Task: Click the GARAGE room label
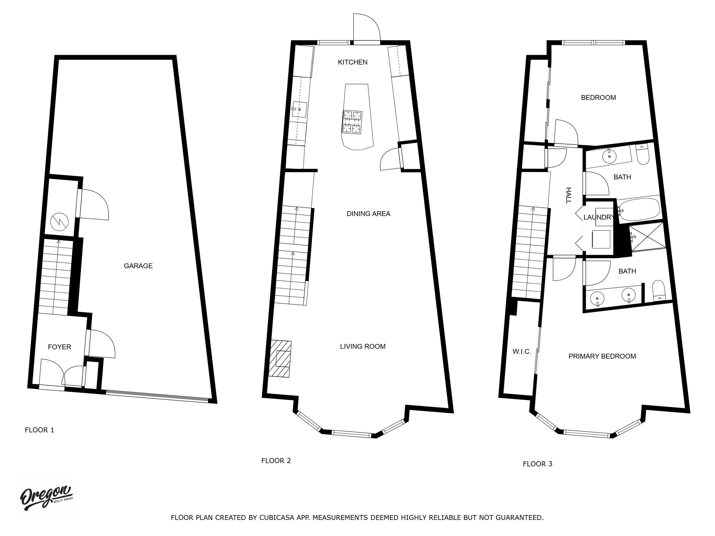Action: click(138, 266)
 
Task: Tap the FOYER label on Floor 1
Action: click(59, 347)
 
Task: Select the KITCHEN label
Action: click(353, 62)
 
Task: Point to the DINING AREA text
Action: click(368, 214)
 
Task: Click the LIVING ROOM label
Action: click(363, 347)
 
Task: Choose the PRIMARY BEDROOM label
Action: click(602, 356)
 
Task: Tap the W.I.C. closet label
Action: click(522, 352)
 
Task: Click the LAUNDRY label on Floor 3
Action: click(598, 217)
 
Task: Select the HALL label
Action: click(568, 195)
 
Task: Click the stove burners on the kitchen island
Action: click(352, 122)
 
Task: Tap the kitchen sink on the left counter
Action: click(299, 109)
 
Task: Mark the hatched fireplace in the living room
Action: click(280, 359)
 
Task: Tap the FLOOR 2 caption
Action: click(276, 461)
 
